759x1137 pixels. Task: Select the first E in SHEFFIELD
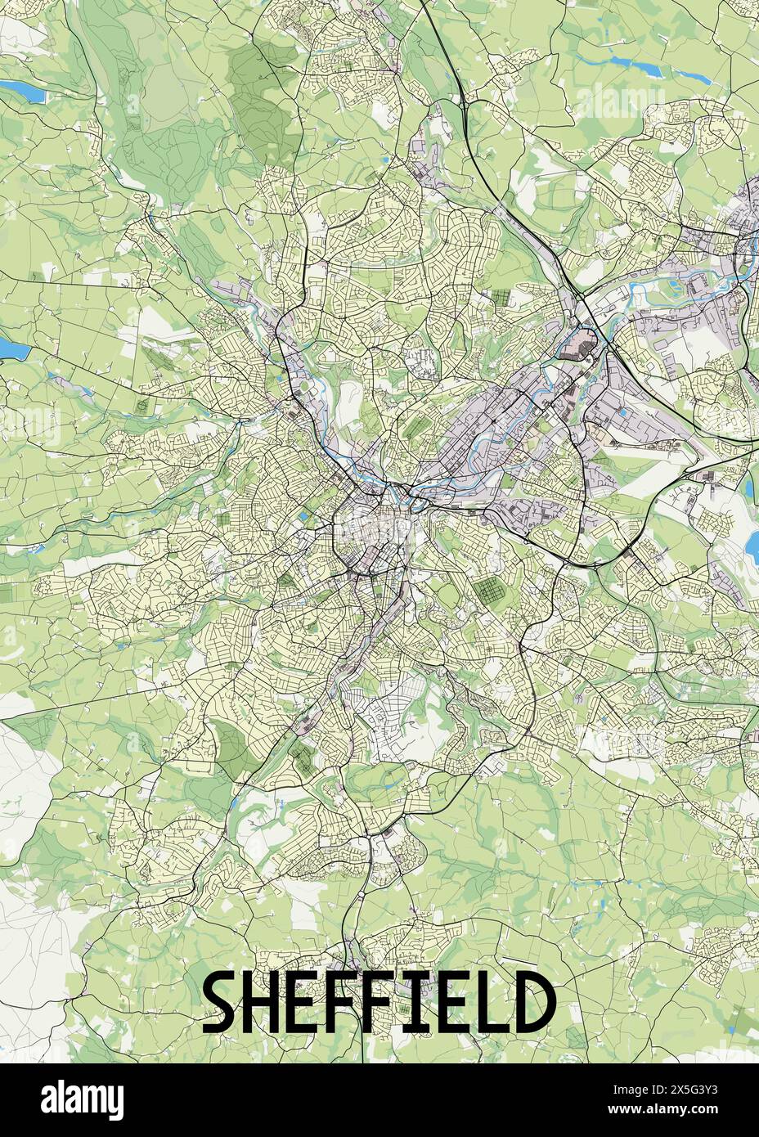[312, 1004]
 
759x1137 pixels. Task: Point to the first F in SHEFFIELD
[352, 1004]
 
